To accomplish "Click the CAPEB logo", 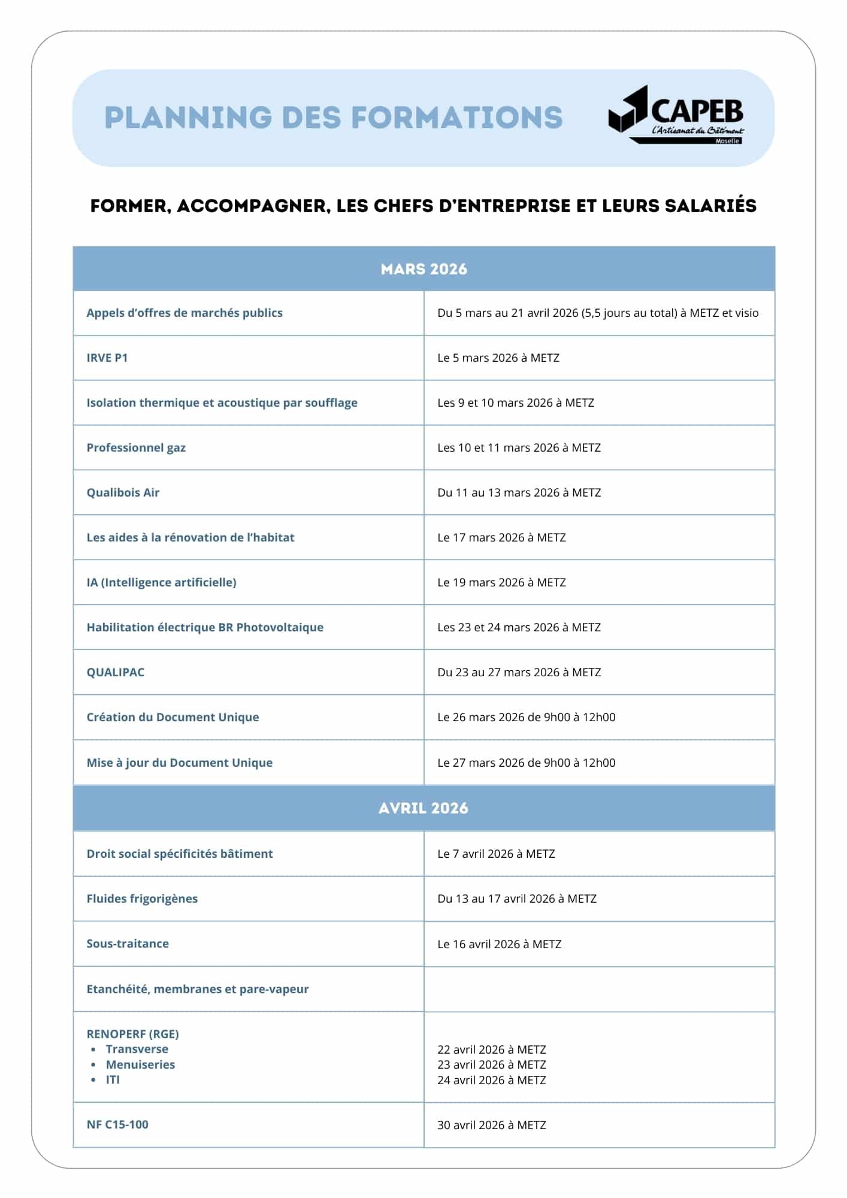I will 676,114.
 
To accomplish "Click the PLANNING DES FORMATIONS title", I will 333,117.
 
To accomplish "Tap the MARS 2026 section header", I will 423,269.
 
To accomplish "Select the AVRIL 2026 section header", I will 423,808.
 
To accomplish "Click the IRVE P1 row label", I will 107,358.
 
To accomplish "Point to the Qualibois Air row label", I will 123,492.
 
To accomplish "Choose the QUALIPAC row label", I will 116,672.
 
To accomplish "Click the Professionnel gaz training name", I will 136,447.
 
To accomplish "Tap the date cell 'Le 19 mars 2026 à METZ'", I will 501,582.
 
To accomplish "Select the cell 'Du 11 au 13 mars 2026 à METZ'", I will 519,492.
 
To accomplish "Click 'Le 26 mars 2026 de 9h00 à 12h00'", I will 526,717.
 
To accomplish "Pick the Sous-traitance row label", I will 128,943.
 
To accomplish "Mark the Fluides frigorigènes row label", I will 142,898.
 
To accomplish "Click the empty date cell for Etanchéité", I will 599,989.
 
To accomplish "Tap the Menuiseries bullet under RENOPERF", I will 140,1064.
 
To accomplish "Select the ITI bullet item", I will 113,1079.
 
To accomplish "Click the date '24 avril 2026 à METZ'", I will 491,1080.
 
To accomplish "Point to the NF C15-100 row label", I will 117,1124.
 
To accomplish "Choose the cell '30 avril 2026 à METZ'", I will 491,1125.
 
